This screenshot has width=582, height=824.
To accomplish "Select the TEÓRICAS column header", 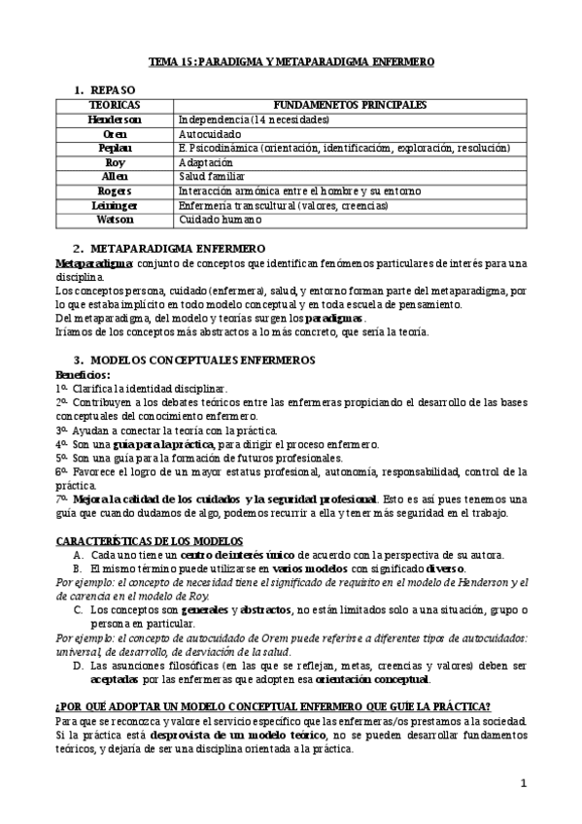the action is coord(114,104).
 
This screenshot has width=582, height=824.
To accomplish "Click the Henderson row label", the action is coord(114,119).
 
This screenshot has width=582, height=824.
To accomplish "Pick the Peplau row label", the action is coord(114,148).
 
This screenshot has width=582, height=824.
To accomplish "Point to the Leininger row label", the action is coord(114,206).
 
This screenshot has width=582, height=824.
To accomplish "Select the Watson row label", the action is coord(114,221).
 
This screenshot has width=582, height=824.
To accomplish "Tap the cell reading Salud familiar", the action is coord(211,177).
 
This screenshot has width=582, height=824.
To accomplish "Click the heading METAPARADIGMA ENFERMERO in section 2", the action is coord(177,250).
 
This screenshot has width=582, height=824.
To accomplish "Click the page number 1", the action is coord(523,783).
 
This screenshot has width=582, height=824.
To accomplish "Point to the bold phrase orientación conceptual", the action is coord(369,679).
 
